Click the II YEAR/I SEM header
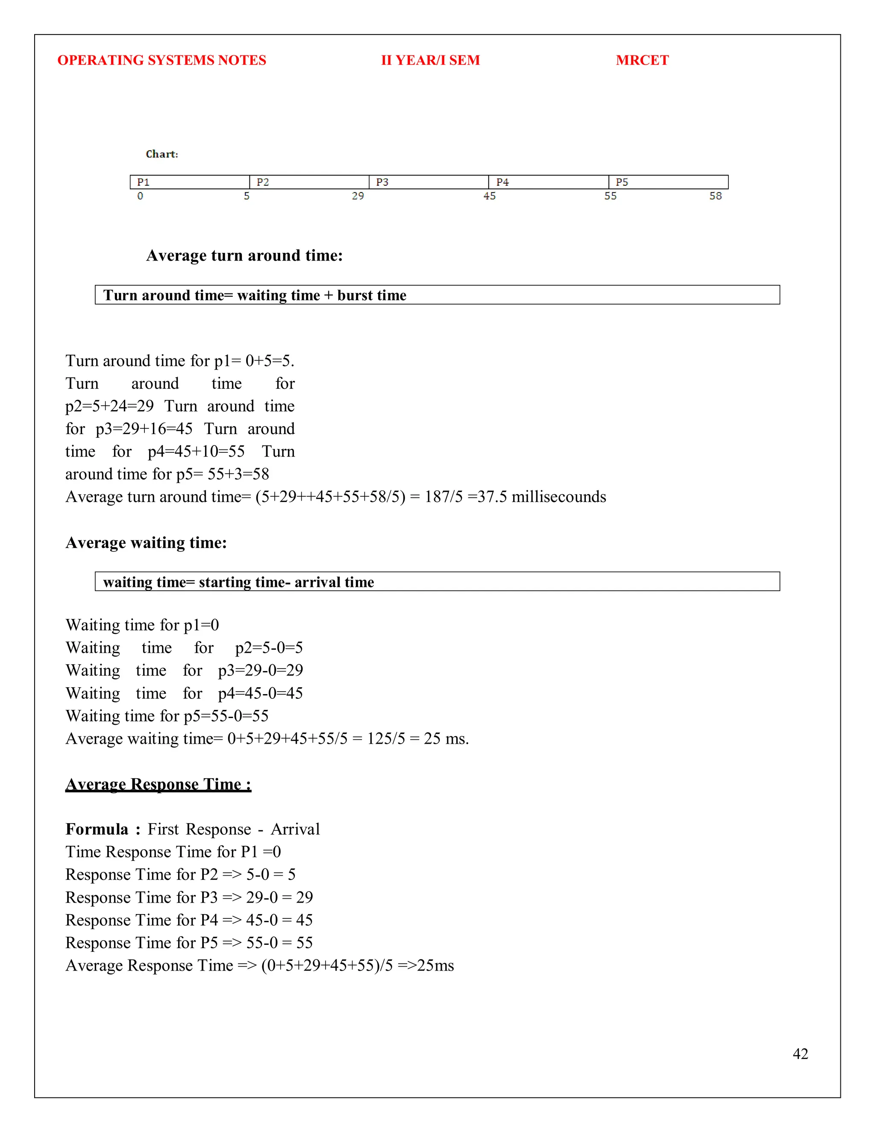[430, 60]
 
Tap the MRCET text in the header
[642, 60]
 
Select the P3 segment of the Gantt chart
[428, 182]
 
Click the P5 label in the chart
[622, 182]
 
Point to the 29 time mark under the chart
[358, 196]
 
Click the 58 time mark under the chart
[715, 196]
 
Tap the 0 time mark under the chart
[140, 196]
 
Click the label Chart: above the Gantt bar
[162, 154]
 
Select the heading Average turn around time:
[244, 255]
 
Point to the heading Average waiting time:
[146, 543]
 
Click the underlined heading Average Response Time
[158, 784]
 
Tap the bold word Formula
[97, 829]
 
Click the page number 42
[800, 1054]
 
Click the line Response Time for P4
[189, 920]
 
